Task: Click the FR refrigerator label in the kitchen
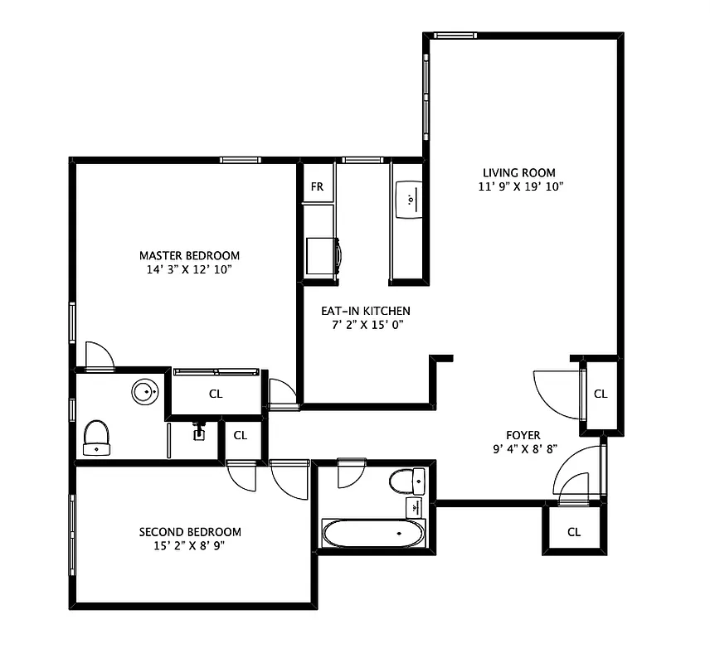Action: click(x=317, y=186)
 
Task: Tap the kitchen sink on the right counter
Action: click(x=410, y=200)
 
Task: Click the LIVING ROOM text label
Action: click(x=519, y=172)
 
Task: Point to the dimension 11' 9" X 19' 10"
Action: click(x=519, y=186)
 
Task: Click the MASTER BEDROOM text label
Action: click(x=189, y=255)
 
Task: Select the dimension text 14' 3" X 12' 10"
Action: click(x=189, y=269)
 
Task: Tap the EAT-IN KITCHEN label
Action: click(x=366, y=311)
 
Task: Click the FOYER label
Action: click(x=523, y=435)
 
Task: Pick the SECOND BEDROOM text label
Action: click(x=190, y=531)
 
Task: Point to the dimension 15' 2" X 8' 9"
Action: click(x=190, y=545)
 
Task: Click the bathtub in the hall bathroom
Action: click(x=373, y=533)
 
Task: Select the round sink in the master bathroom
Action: click(x=145, y=391)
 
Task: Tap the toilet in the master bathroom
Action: click(x=96, y=437)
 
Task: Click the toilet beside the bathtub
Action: click(x=407, y=480)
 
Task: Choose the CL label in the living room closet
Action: click(x=601, y=394)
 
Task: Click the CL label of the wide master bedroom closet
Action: click(x=216, y=394)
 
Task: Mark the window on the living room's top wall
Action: click(x=455, y=35)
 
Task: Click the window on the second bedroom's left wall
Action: click(x=72, y=535)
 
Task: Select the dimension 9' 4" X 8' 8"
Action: click(x=523, y=448)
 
